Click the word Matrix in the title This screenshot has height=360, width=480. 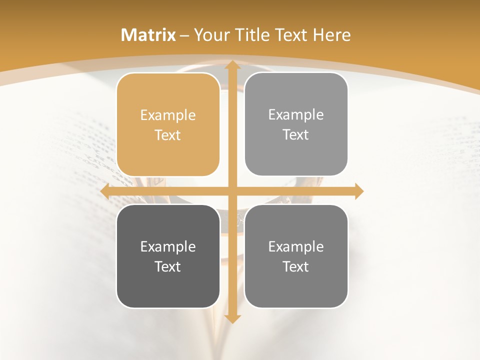(x=148, y=35)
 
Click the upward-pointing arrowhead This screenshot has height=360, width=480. (x=231, y=65)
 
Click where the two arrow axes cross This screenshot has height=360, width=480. (x=231, y=191)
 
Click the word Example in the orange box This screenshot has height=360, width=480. (x=168, y=115)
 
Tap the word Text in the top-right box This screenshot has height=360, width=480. (x=296, y=134)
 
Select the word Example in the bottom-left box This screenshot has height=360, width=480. (x=168, y=247)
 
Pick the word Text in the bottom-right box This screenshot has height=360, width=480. (x=296, y=266)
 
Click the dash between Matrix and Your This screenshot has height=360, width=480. (x=184, y=35)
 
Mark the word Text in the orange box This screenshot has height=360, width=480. (x=168, y=135)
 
